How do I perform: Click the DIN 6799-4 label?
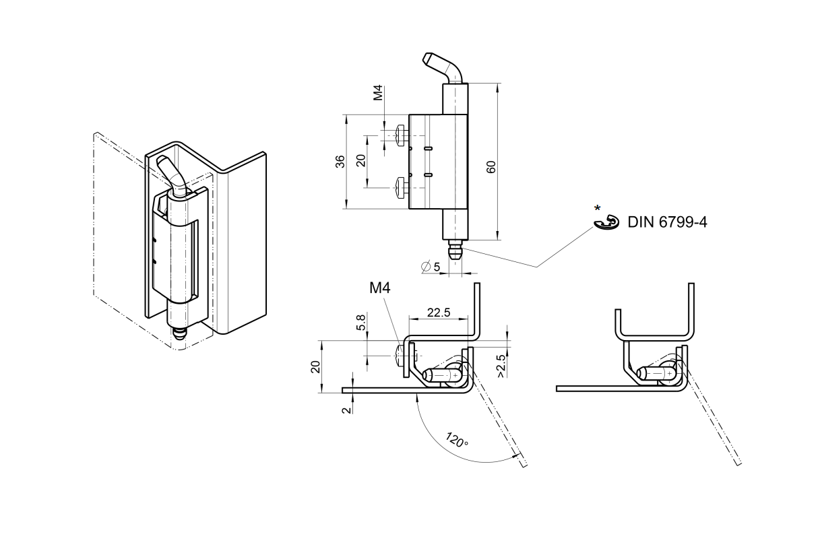coord(667,222)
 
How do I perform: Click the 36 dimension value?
coord(340,161)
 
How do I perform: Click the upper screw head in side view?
coord(403,135)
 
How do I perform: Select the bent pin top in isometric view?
coord(170,173)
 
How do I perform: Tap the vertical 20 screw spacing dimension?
coord(361,161)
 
